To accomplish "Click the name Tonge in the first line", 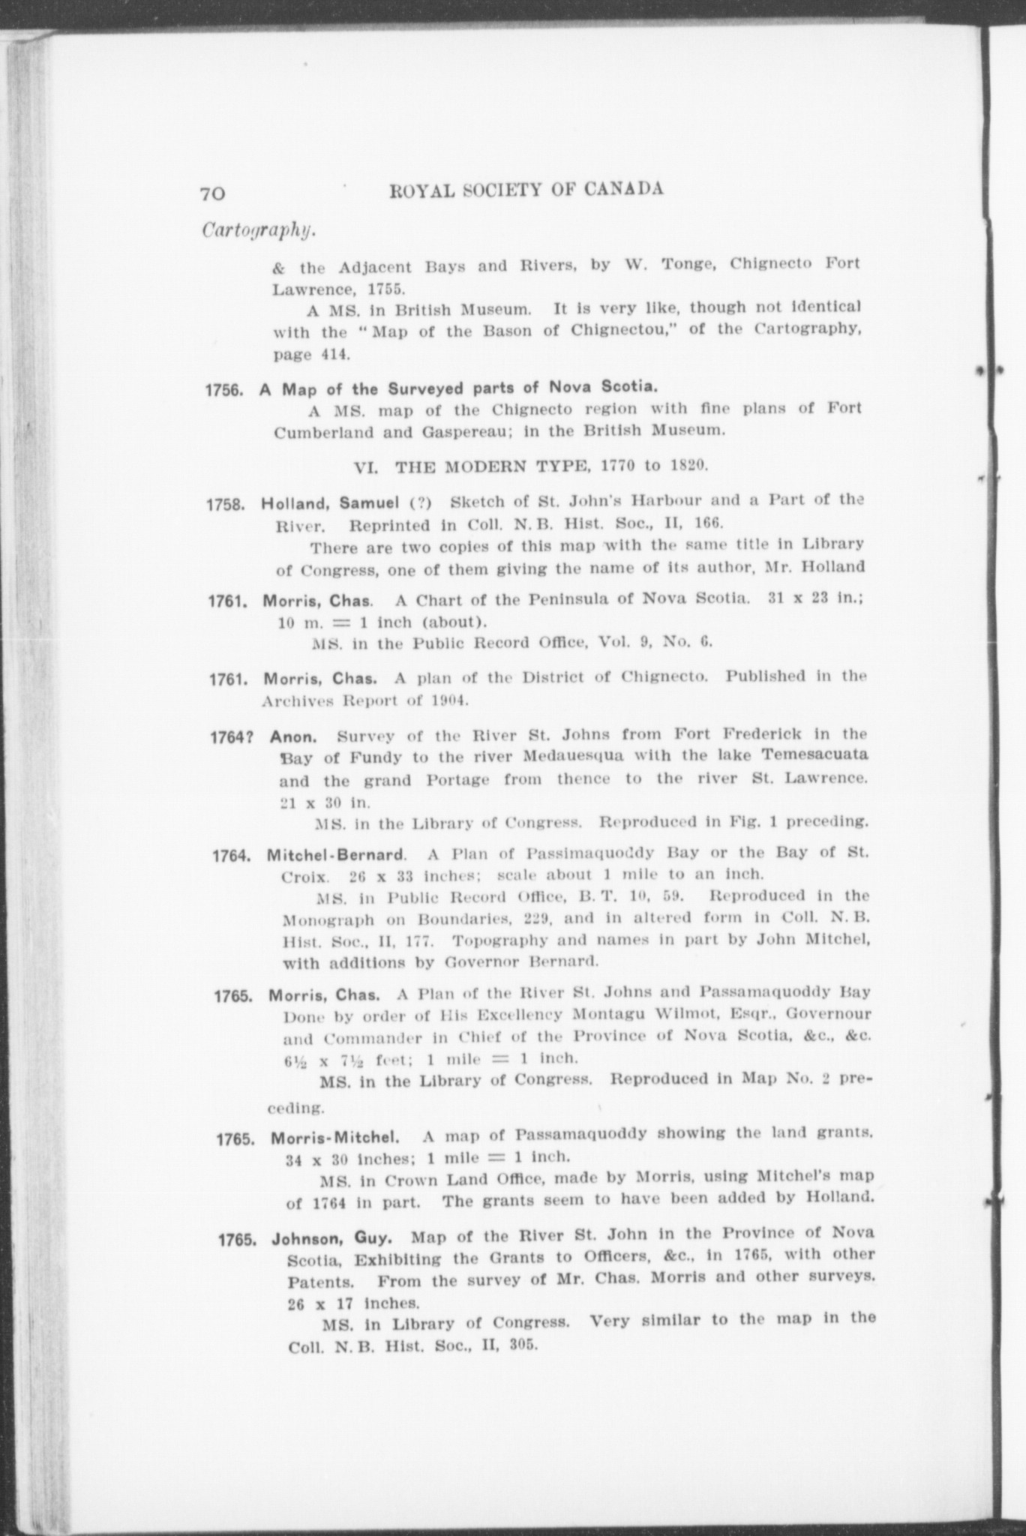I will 688,264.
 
